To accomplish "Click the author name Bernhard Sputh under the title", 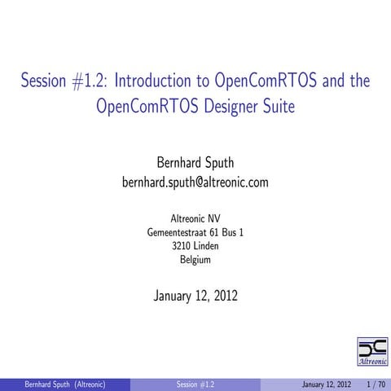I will click(x=195, y=161).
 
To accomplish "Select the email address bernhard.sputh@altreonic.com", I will click(x=195, y=182).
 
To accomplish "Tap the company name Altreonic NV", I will click(x=195, y=218).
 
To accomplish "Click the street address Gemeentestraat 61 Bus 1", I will click(x=195, y=232).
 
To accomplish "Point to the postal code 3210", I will click(x=182, y=246).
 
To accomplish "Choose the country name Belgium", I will click(x=195, y=260).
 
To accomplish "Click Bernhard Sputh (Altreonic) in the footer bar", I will click(x=65, y=384).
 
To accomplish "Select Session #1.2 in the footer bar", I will click(x=195, y=384).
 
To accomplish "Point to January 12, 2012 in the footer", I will click(x=326, y=384).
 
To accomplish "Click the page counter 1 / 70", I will click(x=376, y=384).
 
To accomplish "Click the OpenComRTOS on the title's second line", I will click(x=141, y=106).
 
